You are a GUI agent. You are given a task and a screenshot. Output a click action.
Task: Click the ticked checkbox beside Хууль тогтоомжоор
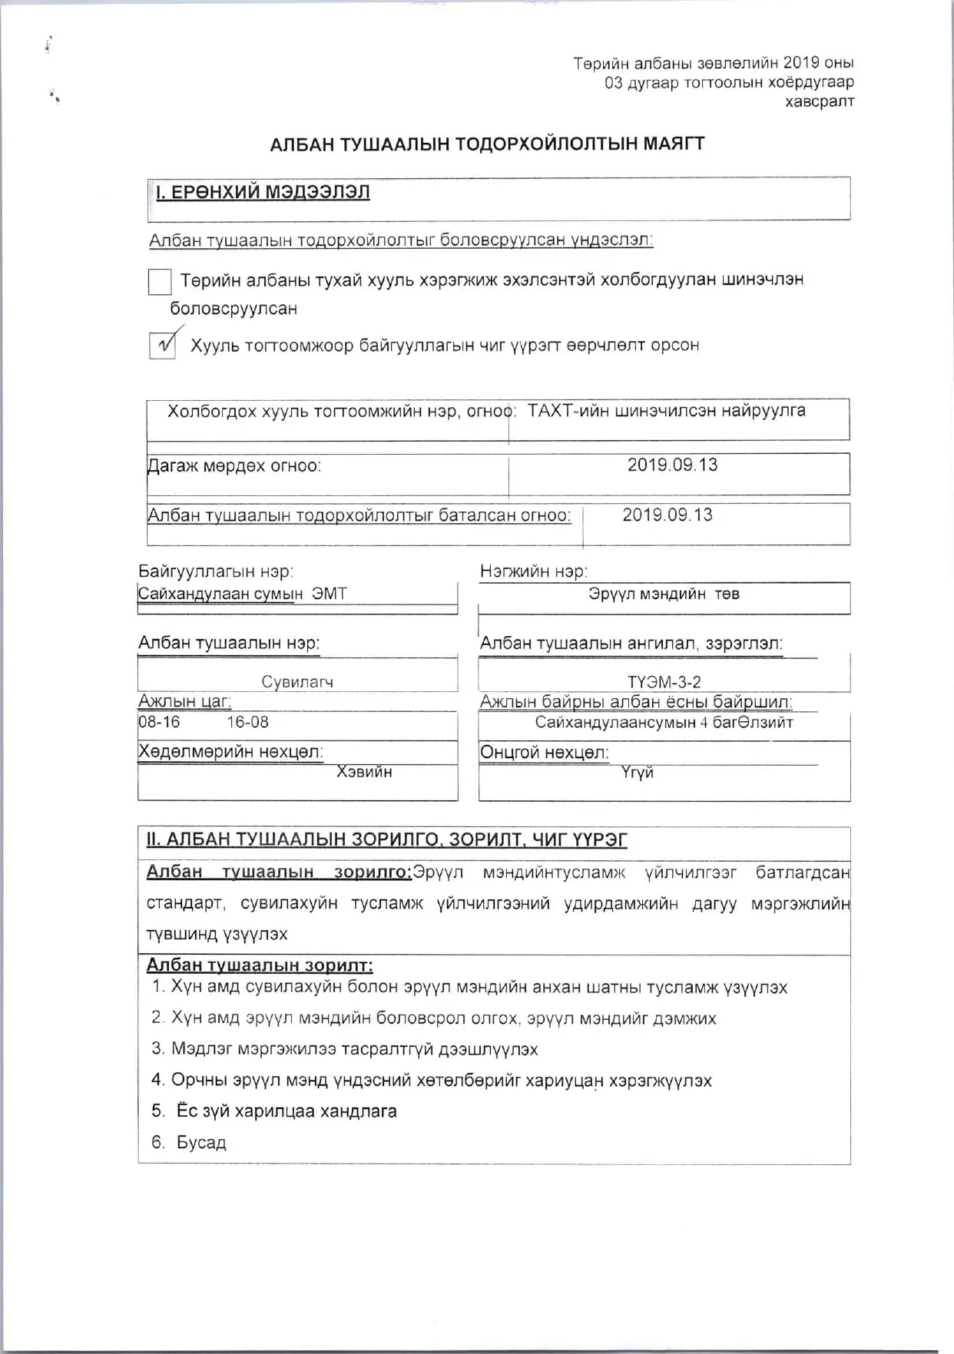161,346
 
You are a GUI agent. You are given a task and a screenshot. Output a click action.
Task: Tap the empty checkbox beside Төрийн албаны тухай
159,282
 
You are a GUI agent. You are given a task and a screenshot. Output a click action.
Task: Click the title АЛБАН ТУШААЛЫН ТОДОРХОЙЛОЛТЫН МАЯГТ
487,144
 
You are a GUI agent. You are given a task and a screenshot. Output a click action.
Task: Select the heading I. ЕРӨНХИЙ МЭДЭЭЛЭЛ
263,192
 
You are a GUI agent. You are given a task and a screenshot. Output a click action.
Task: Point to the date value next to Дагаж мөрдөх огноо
672,465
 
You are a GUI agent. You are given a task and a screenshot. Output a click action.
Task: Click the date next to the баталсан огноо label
667,515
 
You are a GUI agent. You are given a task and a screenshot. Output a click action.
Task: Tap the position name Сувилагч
297,681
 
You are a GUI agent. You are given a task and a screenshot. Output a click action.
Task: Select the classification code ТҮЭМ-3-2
664,681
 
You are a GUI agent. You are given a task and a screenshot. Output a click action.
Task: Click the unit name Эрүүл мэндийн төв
664,594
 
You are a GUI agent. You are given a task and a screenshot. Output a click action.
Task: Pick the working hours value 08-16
160,722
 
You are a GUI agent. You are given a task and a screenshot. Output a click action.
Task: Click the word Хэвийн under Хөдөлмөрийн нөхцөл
364,772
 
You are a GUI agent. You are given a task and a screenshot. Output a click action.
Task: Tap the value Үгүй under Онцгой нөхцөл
638,773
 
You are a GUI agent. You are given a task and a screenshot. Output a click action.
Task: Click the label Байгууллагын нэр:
216,571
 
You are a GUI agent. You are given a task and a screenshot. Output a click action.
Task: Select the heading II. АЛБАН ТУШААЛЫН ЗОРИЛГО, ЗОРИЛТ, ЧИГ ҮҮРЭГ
386,839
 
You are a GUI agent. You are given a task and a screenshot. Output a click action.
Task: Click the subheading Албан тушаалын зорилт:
260,965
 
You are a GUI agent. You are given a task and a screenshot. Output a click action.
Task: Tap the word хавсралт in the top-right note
819,101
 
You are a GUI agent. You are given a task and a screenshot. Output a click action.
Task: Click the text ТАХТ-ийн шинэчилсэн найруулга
666,411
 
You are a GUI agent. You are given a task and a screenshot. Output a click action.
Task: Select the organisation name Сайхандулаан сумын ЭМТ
242,594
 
